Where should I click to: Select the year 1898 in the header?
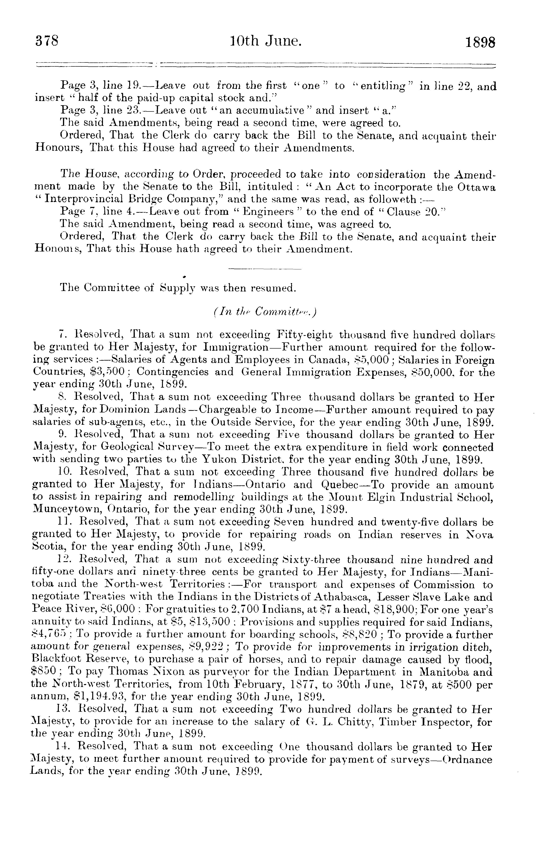coord(480,42)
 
